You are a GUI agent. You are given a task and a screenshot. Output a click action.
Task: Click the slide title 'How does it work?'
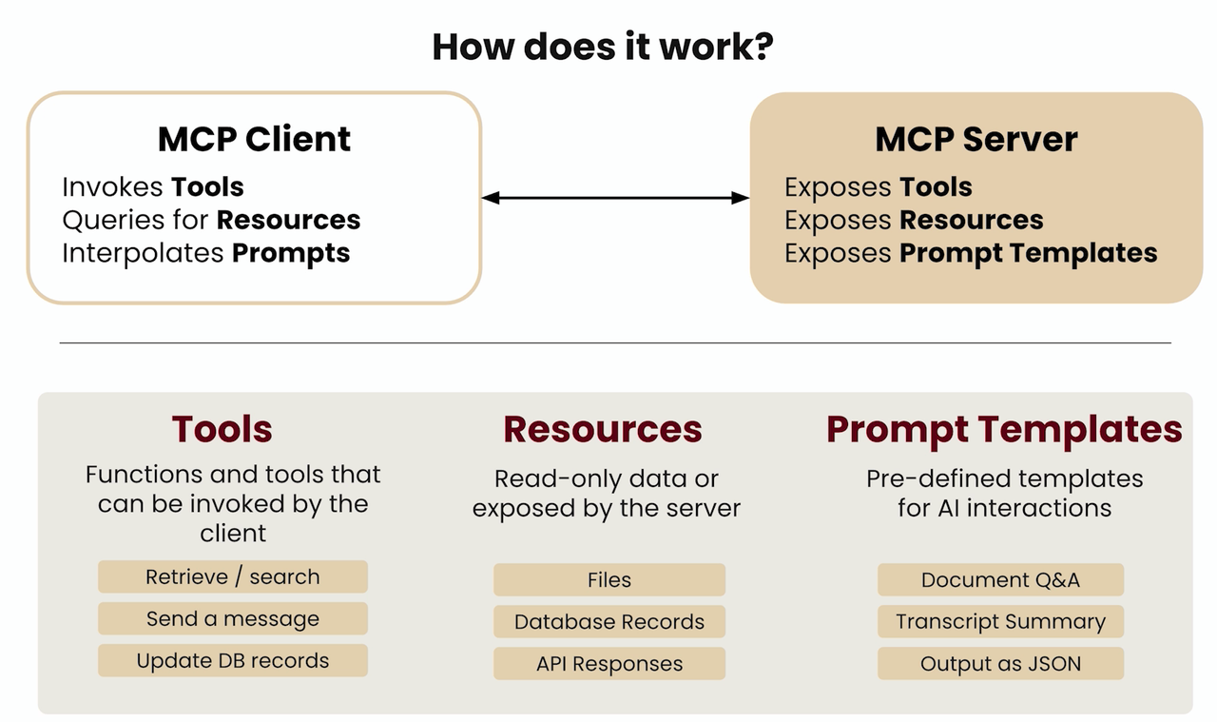603,46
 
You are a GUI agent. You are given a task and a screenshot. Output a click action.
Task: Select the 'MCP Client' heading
254,139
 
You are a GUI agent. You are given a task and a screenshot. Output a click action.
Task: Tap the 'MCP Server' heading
976,139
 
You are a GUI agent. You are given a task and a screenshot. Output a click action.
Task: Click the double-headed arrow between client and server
615,198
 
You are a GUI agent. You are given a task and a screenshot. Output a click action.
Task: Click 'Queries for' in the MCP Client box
135,220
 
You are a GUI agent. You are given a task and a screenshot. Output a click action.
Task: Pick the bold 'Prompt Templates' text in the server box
1028,253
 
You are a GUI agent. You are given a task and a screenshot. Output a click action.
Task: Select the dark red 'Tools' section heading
222,429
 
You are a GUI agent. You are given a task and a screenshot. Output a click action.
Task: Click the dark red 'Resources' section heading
603,429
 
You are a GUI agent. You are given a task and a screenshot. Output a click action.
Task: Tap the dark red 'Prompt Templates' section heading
1004,429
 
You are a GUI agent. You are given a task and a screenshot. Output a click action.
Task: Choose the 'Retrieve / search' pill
232,576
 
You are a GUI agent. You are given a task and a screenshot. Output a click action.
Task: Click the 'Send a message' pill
232,618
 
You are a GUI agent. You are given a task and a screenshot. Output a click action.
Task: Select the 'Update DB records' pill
232,660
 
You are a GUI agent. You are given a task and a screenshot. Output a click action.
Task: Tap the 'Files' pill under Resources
608,579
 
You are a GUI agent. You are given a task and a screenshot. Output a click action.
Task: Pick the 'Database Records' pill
608,621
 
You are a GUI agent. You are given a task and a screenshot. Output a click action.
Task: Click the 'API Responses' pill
608,663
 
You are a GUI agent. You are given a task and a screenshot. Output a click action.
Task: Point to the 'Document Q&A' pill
1000,579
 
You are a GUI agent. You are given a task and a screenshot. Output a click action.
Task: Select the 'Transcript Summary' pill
1000,621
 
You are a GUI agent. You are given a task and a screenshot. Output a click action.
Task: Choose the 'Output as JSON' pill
1000,663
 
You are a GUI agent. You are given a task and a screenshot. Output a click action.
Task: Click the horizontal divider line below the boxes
615,342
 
